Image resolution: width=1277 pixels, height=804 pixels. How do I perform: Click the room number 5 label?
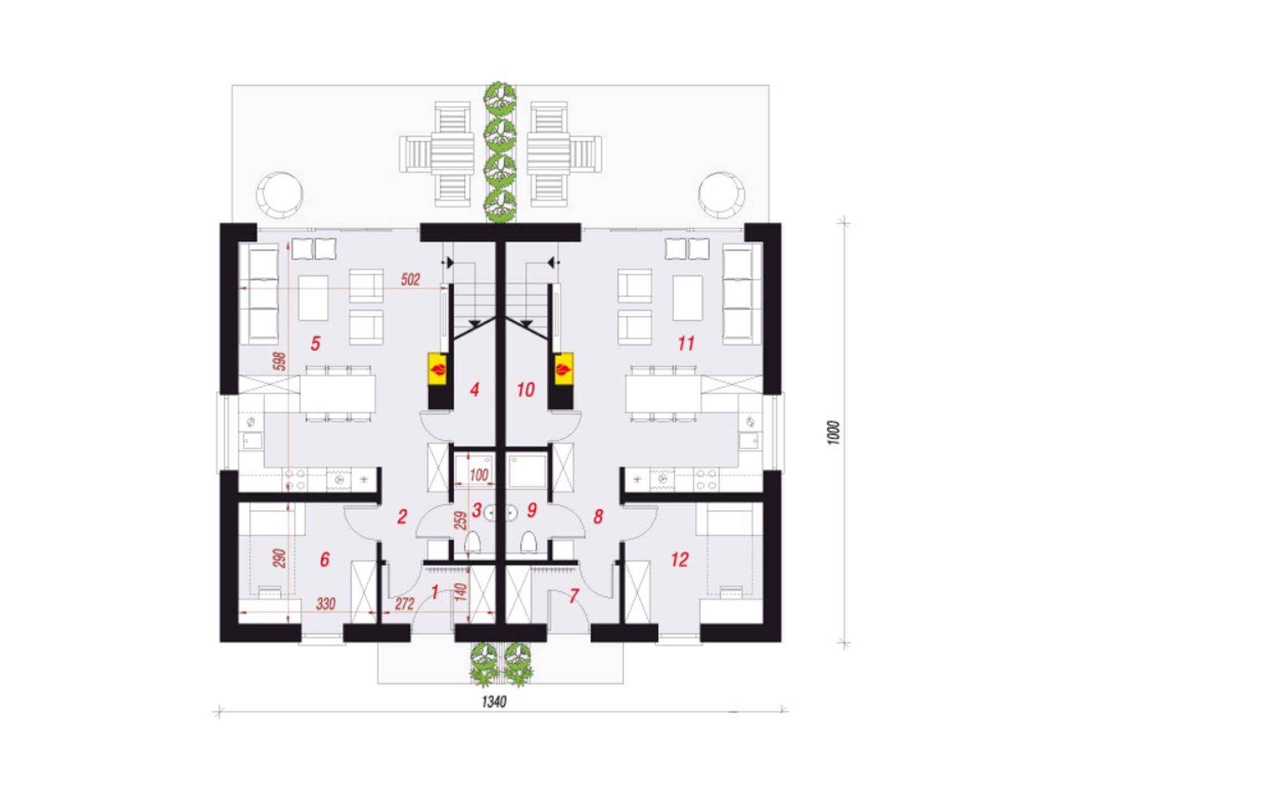click(x=315, y=344)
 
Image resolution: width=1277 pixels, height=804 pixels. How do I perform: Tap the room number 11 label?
click(x=686, y=343)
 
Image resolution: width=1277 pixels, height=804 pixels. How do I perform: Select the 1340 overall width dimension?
click(x=494, y=702)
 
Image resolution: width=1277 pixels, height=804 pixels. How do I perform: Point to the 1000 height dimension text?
click(x=833, y=433)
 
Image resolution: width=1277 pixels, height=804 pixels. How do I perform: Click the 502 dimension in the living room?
click(x=410, y=280)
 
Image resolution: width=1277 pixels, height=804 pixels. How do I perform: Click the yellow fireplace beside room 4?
click(x=438, y=368)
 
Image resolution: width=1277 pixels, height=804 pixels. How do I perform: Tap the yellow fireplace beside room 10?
click(x=564, y=368)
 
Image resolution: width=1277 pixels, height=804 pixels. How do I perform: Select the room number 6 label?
click(x=324, y=559)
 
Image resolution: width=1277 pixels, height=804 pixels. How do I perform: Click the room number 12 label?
click(x=679, y=559)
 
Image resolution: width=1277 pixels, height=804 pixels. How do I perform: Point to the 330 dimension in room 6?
click(x=326, y=604)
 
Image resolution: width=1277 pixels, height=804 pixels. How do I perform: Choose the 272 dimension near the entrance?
click(x=405, y=604)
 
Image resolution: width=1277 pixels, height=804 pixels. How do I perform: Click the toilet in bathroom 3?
click(x=473, y=542)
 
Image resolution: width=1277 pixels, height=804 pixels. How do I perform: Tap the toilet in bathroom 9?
click(x=529, y=542)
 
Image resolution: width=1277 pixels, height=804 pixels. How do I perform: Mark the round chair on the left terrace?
click(x=280, y=195)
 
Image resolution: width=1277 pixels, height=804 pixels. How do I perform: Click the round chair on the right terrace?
click(x=721, y=195)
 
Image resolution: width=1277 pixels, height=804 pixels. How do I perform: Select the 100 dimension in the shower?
click(x=479, y=475)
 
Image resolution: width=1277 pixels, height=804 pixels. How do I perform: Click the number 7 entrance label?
click(x=573, y=596)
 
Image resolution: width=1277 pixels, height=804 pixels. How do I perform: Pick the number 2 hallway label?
click(x=402, y=516)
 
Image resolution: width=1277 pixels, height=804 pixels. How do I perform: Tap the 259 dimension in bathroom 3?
click(x=460, y=520)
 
